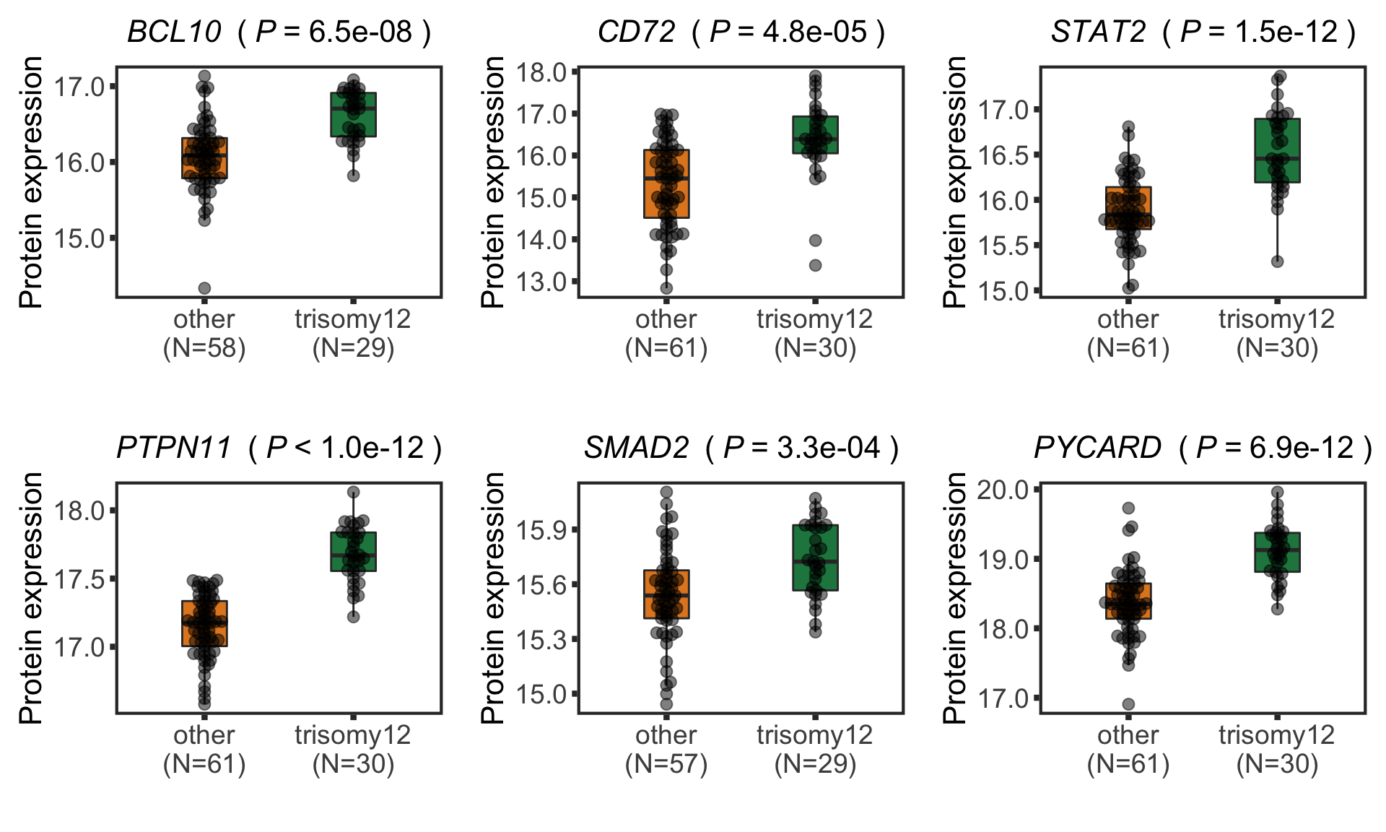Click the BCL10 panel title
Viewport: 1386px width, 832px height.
279,32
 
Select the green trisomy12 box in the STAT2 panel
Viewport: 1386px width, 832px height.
1277,150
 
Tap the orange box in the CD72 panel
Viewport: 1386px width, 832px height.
666,183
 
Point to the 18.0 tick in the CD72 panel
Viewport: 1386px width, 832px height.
541,72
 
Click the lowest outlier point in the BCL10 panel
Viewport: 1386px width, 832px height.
205,288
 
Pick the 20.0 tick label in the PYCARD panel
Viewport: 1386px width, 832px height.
1003,490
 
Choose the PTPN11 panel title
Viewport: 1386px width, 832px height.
279,448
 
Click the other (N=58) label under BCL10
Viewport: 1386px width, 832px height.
204,334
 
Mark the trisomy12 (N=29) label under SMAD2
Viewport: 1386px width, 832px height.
815,750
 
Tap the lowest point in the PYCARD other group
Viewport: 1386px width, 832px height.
1128,704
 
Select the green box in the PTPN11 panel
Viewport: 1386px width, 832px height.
353,552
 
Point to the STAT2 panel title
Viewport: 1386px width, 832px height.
1203,32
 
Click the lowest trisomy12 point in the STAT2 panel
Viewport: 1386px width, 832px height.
1278,261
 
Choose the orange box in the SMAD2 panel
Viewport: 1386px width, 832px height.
666,594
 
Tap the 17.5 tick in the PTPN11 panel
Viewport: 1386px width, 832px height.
79,579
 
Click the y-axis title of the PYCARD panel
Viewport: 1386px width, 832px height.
954,598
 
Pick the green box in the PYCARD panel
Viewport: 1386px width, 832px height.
1277,552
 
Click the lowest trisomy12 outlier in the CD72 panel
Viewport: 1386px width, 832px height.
815,265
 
